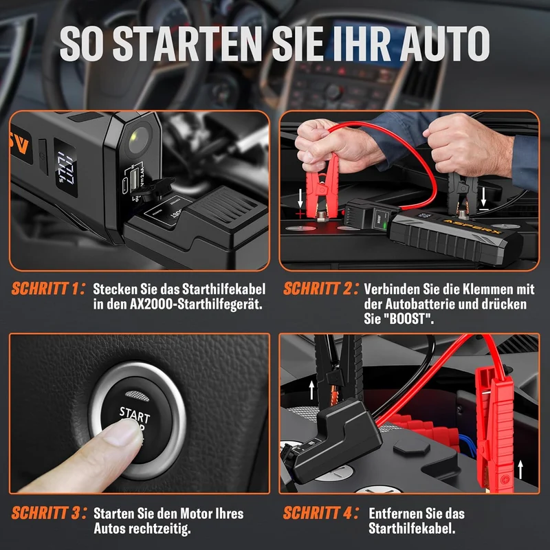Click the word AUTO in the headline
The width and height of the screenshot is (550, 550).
coord(445,44)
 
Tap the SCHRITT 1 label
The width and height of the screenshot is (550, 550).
coord(47,289)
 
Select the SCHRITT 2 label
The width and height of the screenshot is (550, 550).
coord(320,289)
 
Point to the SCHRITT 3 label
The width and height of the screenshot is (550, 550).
coord(49,513)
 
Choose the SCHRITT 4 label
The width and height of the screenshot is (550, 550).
coord(320,513)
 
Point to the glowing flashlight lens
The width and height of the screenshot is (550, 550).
coord(138,140)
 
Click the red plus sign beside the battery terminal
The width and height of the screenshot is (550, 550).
coord(300,213)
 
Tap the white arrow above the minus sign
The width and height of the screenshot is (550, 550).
coord(483,197)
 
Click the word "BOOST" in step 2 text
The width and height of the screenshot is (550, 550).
coord(406,319)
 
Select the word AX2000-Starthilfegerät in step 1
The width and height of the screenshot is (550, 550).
coord(196,304)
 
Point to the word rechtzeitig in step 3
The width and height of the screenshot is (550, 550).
coord(159,528)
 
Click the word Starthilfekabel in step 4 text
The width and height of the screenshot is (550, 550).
coord(412,528)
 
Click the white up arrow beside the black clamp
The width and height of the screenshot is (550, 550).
coord(311,390)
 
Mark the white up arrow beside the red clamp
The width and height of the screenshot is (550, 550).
coord(520,470)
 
